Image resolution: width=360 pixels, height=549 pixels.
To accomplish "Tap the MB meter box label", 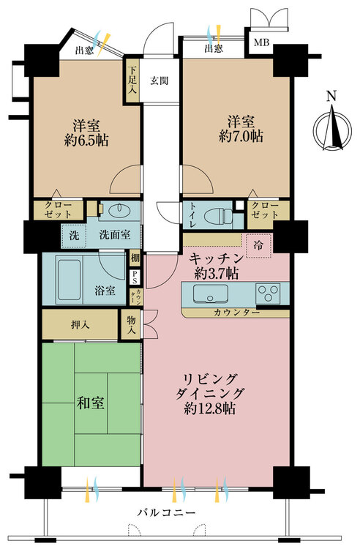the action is coord(261,42).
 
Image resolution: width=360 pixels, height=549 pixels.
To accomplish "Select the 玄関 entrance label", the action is coord(160,81).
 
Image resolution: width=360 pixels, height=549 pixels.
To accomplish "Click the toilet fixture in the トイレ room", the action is coord(218,214).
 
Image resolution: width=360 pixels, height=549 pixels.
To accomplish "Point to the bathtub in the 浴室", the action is coord(70,280).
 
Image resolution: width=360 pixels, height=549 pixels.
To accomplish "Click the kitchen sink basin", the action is coord(211,294).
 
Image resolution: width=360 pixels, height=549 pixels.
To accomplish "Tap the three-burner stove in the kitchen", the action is coord(268,294).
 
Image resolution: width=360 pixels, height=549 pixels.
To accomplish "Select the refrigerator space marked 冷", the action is coord(258,245).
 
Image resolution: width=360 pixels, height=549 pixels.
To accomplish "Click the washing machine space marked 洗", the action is coord(74,236).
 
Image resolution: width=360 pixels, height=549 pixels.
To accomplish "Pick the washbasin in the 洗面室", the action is coord(119,211).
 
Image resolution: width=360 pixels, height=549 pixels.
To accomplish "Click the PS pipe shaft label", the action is coord(135,277).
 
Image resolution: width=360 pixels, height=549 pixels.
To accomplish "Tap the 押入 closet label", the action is coord(80,324).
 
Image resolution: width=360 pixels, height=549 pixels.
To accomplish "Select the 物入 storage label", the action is coord(131,324).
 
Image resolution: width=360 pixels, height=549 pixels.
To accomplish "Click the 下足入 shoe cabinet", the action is coord(132,81).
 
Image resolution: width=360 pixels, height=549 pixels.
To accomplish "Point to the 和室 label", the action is coord(90,403).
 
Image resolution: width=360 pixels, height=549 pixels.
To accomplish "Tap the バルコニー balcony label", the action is coord(166,513).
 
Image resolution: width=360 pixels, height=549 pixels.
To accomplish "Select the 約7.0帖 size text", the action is coord(241,136).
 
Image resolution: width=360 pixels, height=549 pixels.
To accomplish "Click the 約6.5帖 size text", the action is coord(86,141).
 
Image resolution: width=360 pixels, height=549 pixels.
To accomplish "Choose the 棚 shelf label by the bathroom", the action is coord(135,258).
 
